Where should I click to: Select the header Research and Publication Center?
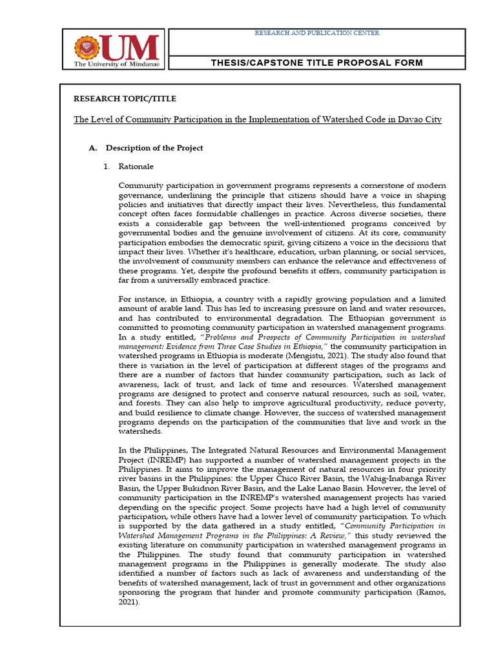pyautogui.click(x=316, y=33)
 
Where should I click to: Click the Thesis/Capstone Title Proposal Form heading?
pyautogui.click(x=317, y=63)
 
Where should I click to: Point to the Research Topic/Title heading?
pyautogui.click(x=125, y=99)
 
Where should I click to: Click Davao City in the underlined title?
pyautogui.click(x=420, y=120)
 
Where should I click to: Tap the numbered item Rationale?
pyautogui.click(x=136, y=167)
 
